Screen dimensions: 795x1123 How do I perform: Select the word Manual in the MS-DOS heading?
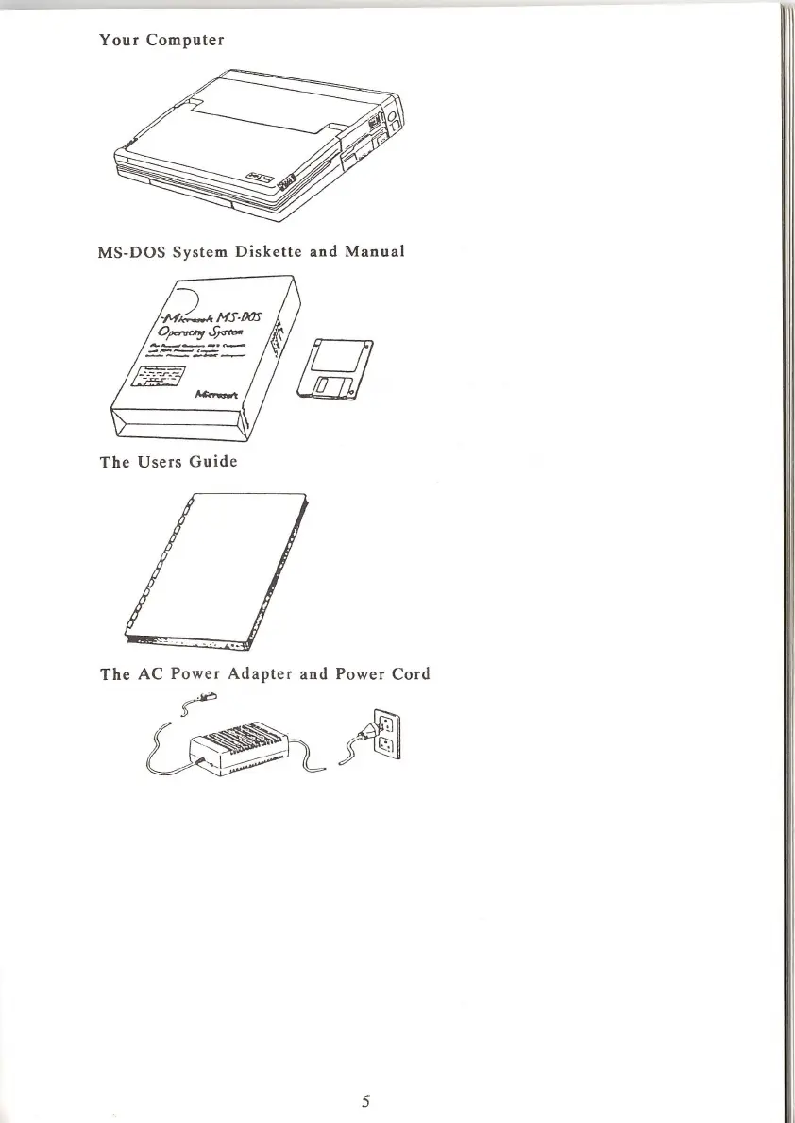tap(374, 252)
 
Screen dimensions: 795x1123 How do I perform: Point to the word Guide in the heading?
tap(211, 463)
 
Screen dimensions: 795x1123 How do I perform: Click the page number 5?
tap(364, 1100)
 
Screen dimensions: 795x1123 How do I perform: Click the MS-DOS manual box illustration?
tap(203, 359)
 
